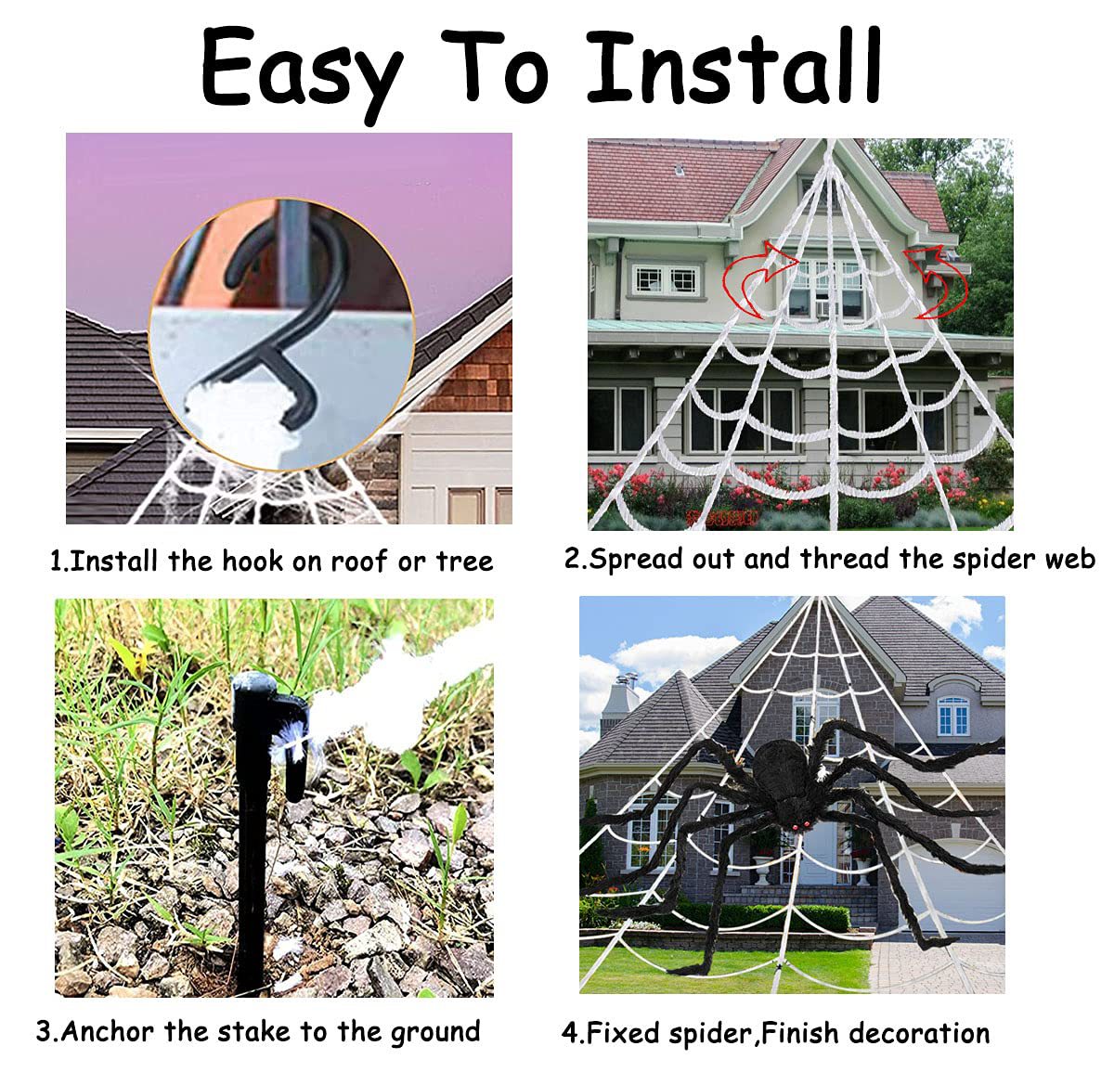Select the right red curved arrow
point(937,281)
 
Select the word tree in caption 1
point(464,562)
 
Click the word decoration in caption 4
point(919,1032)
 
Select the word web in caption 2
point(1070,559)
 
